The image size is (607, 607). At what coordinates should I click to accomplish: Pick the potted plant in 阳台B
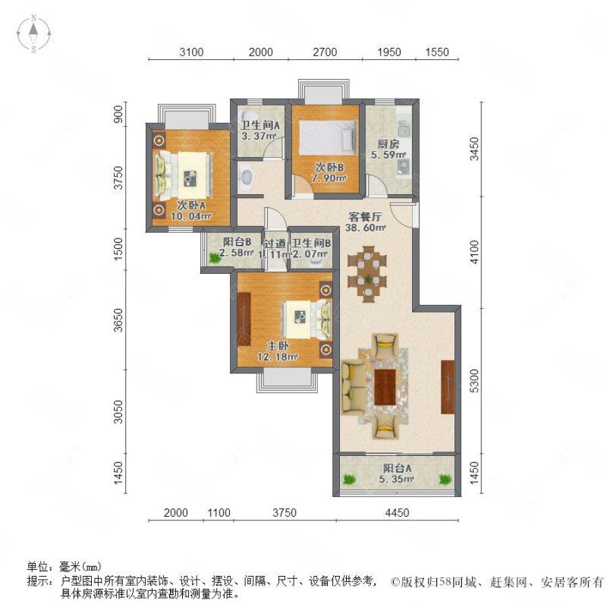(x=215, y=259)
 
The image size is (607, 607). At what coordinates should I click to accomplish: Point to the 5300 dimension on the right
(x=474, y=379)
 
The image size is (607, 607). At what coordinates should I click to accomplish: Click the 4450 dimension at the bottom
(x=397, y=513)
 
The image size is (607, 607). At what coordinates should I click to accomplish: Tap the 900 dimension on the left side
(x=118, y=114)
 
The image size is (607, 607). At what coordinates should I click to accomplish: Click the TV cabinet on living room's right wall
(x=447, y=387)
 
